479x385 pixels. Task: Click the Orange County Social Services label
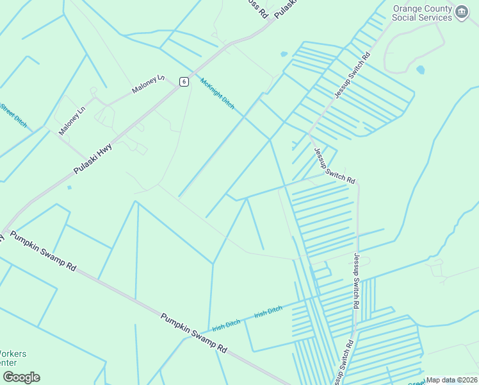(x=423, y=13)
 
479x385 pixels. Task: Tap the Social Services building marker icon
(x=462, y=13)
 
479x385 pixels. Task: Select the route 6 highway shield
(x=184, y=81)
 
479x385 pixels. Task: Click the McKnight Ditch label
(x=218, y=93)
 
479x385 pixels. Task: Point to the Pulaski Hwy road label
(x=93, y=158)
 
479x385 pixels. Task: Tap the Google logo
(x=21, y=377)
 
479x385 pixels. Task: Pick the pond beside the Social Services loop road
(x=420, y=69)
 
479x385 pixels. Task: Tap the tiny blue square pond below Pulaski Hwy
(x=69, y=187)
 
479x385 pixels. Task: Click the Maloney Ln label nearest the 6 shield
(x=148, y=85)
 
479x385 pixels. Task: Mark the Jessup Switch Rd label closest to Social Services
(x=352, y=76)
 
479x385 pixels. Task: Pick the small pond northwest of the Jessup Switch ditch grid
(x=284, y=55)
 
